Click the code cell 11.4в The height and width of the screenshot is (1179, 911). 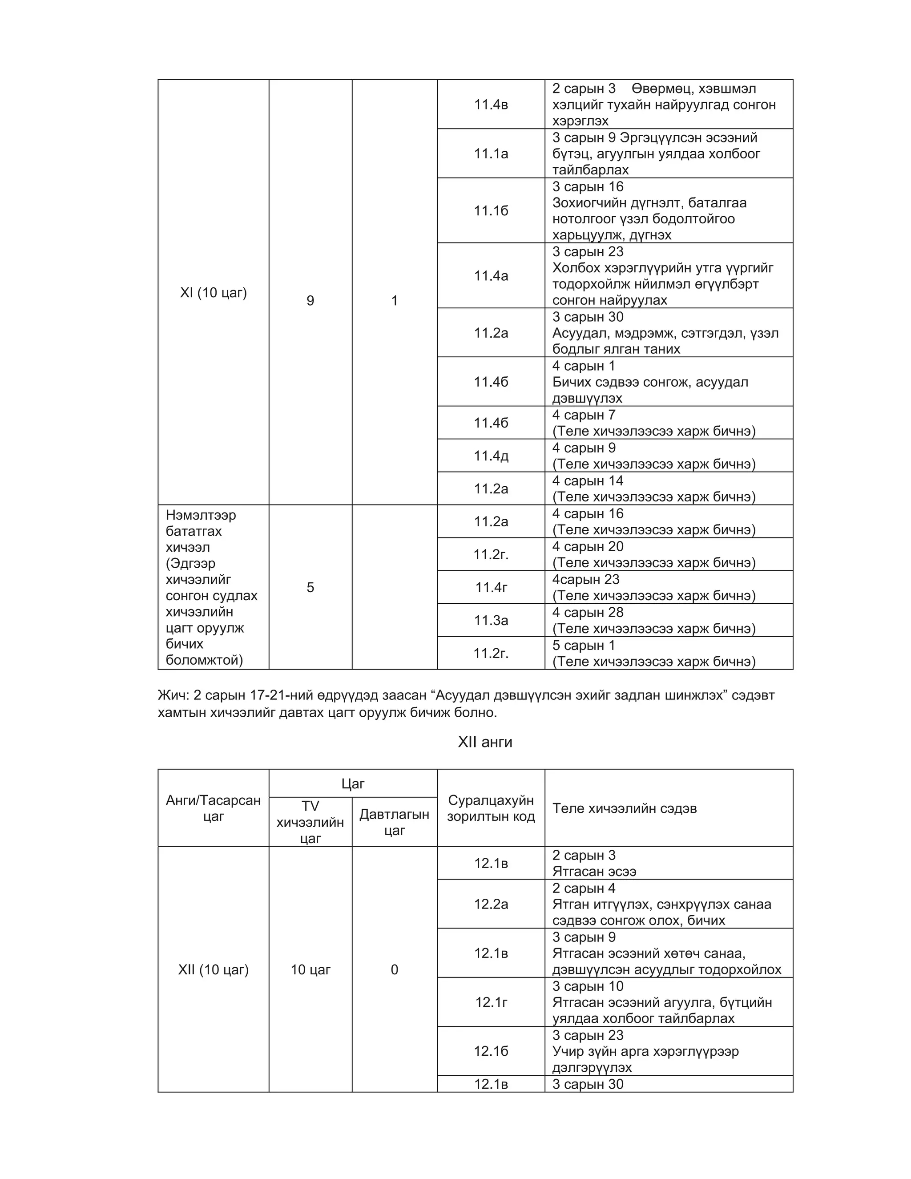[x=491, y=104]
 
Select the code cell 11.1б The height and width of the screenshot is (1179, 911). [x=491, y=210]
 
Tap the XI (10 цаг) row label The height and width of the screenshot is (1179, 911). [x=213, y=293]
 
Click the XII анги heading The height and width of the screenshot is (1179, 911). [x=485, y=742]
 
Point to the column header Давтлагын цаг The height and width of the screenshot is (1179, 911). [x=394, y=822]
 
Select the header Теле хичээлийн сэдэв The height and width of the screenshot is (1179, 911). [x=625, y=808]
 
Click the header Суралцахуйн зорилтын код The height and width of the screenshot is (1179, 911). [x=491, y=808]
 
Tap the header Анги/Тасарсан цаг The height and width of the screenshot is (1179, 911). [x=213, y=808]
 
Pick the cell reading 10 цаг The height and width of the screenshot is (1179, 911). [x=310, y=969]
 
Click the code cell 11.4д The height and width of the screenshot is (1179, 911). [x=491, y=456]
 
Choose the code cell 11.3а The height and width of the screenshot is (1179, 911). [x=491, y=620]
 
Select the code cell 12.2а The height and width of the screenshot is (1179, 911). [x=491, y=904]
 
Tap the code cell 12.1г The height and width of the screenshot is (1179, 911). [x=491, y=1002]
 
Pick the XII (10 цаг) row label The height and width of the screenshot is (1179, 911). [x=213, y=969]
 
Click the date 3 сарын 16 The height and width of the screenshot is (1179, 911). [x=588, y=187]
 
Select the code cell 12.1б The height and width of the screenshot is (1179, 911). [x=491, y=1051]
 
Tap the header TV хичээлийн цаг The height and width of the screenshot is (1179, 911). [x=310, y=822]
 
